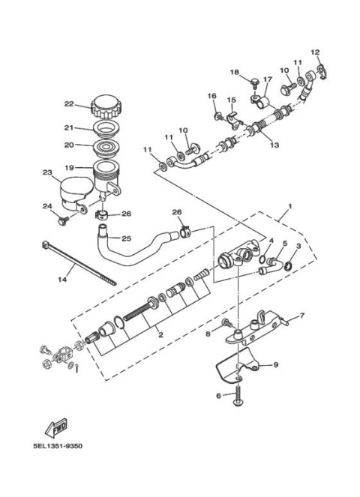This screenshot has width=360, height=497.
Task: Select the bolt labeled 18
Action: click(254, 81)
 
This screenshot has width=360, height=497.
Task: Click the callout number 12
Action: click(315, 52)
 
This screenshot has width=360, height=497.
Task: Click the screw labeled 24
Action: click(63, 218)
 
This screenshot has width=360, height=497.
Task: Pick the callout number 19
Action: click(67, 168)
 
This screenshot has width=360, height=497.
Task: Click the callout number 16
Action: click(211, 96)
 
